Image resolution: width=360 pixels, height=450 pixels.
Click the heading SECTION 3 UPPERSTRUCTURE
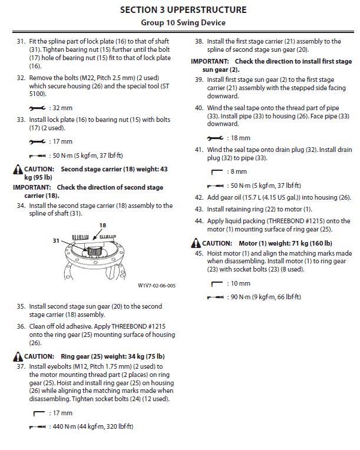[x=183, y=10]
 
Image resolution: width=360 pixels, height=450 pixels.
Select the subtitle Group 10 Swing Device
[x=183, y=23]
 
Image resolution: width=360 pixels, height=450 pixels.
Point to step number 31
[x=21, y=42]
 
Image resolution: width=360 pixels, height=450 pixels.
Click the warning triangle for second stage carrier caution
[x=18, y=170]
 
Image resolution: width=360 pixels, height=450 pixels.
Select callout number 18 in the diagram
[x=103, y=225]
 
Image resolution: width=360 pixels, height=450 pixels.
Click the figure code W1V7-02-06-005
[x=157, y=285]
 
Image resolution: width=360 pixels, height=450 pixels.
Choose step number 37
[x=21, y=366]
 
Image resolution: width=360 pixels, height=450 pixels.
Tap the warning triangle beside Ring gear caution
[x=18, y=356]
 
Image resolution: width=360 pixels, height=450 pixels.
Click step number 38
[x=199, y=42]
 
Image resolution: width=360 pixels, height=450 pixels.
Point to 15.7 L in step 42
[x=257, y=197]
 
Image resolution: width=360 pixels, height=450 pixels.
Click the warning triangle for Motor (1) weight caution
[x=196, y=243]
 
